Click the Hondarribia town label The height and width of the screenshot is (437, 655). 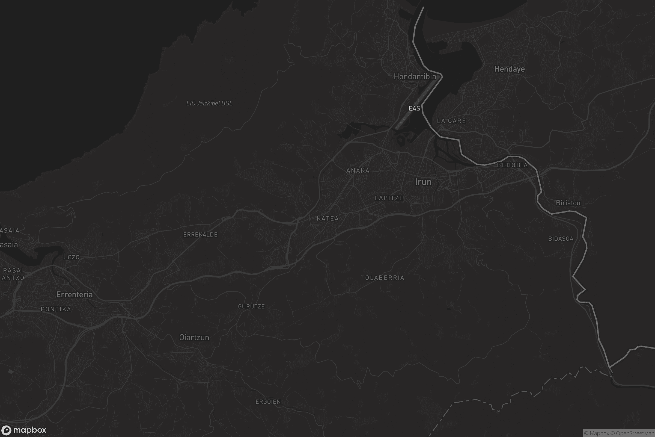pos(415,77)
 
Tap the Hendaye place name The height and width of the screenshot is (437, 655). pos(509,69)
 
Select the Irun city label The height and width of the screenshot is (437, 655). pos(423,182)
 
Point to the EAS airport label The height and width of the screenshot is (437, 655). pos(414,108)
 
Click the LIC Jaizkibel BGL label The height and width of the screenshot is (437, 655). pos(209,104)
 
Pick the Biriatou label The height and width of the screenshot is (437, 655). pos(568,203)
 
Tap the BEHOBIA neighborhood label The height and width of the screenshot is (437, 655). pos(512,165)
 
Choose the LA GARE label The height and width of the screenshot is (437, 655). pos(451,121)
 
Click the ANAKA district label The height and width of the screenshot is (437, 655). pos(358,170)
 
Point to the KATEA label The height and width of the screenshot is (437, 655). pos(328,218)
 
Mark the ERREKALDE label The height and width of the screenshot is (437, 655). pos(200,235)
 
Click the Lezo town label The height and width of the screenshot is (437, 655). pos(71,257)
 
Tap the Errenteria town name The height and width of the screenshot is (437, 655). pos(74,295)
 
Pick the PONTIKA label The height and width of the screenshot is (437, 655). pos(56,309)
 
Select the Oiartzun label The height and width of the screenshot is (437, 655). pos(194,338)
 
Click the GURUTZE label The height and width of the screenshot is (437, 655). pos(251,306)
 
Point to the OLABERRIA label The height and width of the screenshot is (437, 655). pos(384,278)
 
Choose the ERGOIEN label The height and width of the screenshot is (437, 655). pos(268,402)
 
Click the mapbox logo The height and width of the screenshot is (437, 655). pos(23,430)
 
